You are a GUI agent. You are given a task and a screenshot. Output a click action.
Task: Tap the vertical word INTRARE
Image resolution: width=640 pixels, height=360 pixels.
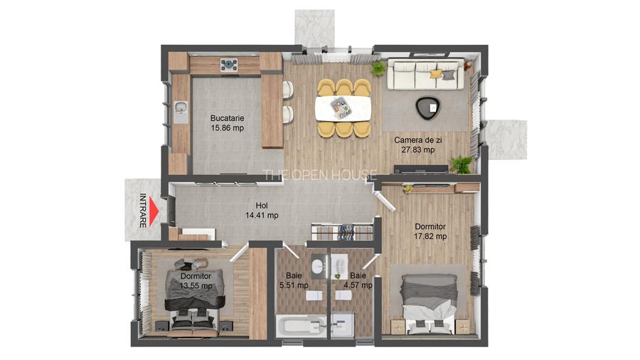click(143, 210)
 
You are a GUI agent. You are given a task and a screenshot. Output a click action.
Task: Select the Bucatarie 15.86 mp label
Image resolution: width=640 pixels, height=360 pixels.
click(227, 123)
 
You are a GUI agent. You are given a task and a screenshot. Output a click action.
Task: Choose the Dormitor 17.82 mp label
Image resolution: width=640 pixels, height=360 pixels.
click(430, 231)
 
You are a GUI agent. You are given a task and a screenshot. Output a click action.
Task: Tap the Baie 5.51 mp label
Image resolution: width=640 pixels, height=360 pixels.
click(293, 280)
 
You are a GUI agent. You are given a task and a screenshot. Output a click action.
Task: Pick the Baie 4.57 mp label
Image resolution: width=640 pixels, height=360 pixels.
click(357, 280)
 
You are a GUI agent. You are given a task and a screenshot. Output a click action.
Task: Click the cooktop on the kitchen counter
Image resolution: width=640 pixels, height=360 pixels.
click(229, 65)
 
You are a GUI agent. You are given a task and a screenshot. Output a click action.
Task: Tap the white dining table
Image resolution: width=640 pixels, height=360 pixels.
click(343, 108)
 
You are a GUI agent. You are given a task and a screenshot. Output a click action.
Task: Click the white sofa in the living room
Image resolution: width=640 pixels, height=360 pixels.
click(425, 75)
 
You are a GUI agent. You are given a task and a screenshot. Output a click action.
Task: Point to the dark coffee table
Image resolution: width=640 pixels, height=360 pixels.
click(427, 107)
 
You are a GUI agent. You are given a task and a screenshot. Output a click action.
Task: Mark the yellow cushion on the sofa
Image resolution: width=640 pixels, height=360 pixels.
click(436, 73)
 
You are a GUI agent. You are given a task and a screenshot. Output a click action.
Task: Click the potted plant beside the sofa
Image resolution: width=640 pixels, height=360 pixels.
click(378, 69)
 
